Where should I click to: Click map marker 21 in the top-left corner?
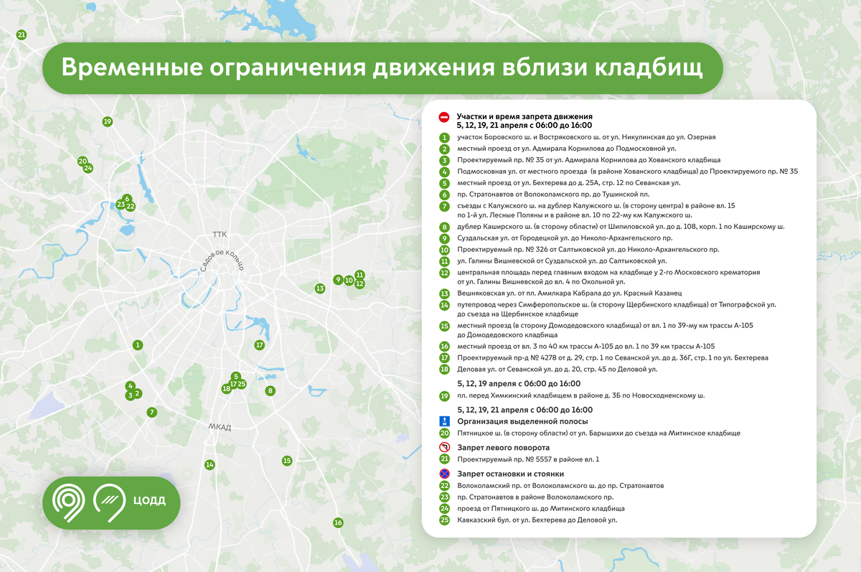[22, 34]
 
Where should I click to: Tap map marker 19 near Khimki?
[108, 122]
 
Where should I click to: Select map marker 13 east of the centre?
[320, 289]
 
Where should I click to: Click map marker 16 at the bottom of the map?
[338, 522]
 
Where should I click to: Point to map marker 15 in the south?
[287, 461]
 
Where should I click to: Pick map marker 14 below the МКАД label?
[210, 465]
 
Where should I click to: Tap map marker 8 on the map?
[270, 391]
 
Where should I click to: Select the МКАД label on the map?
[220, 428]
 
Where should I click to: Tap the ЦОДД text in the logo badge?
[149, 500]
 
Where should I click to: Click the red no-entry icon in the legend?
[445, 116]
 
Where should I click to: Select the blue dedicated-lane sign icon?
[445, 421]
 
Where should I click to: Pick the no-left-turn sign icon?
[445, 448]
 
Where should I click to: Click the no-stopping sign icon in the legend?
[445, 474]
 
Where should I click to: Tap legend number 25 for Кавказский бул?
[445, 520]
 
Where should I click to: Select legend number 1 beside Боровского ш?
[445, 137]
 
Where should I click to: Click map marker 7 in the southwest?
[151, 413]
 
